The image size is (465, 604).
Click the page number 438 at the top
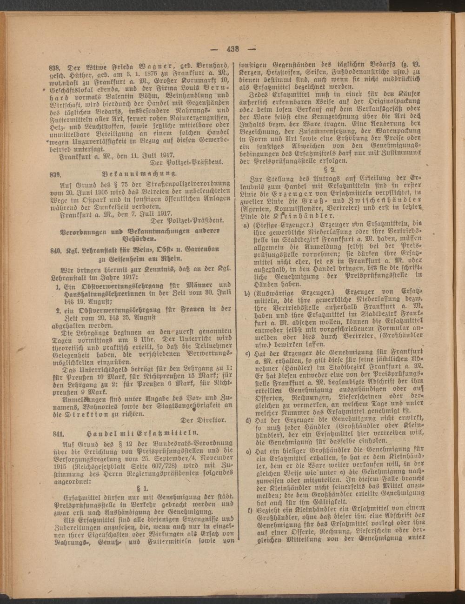pyautogui.click(x=232, y=49)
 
